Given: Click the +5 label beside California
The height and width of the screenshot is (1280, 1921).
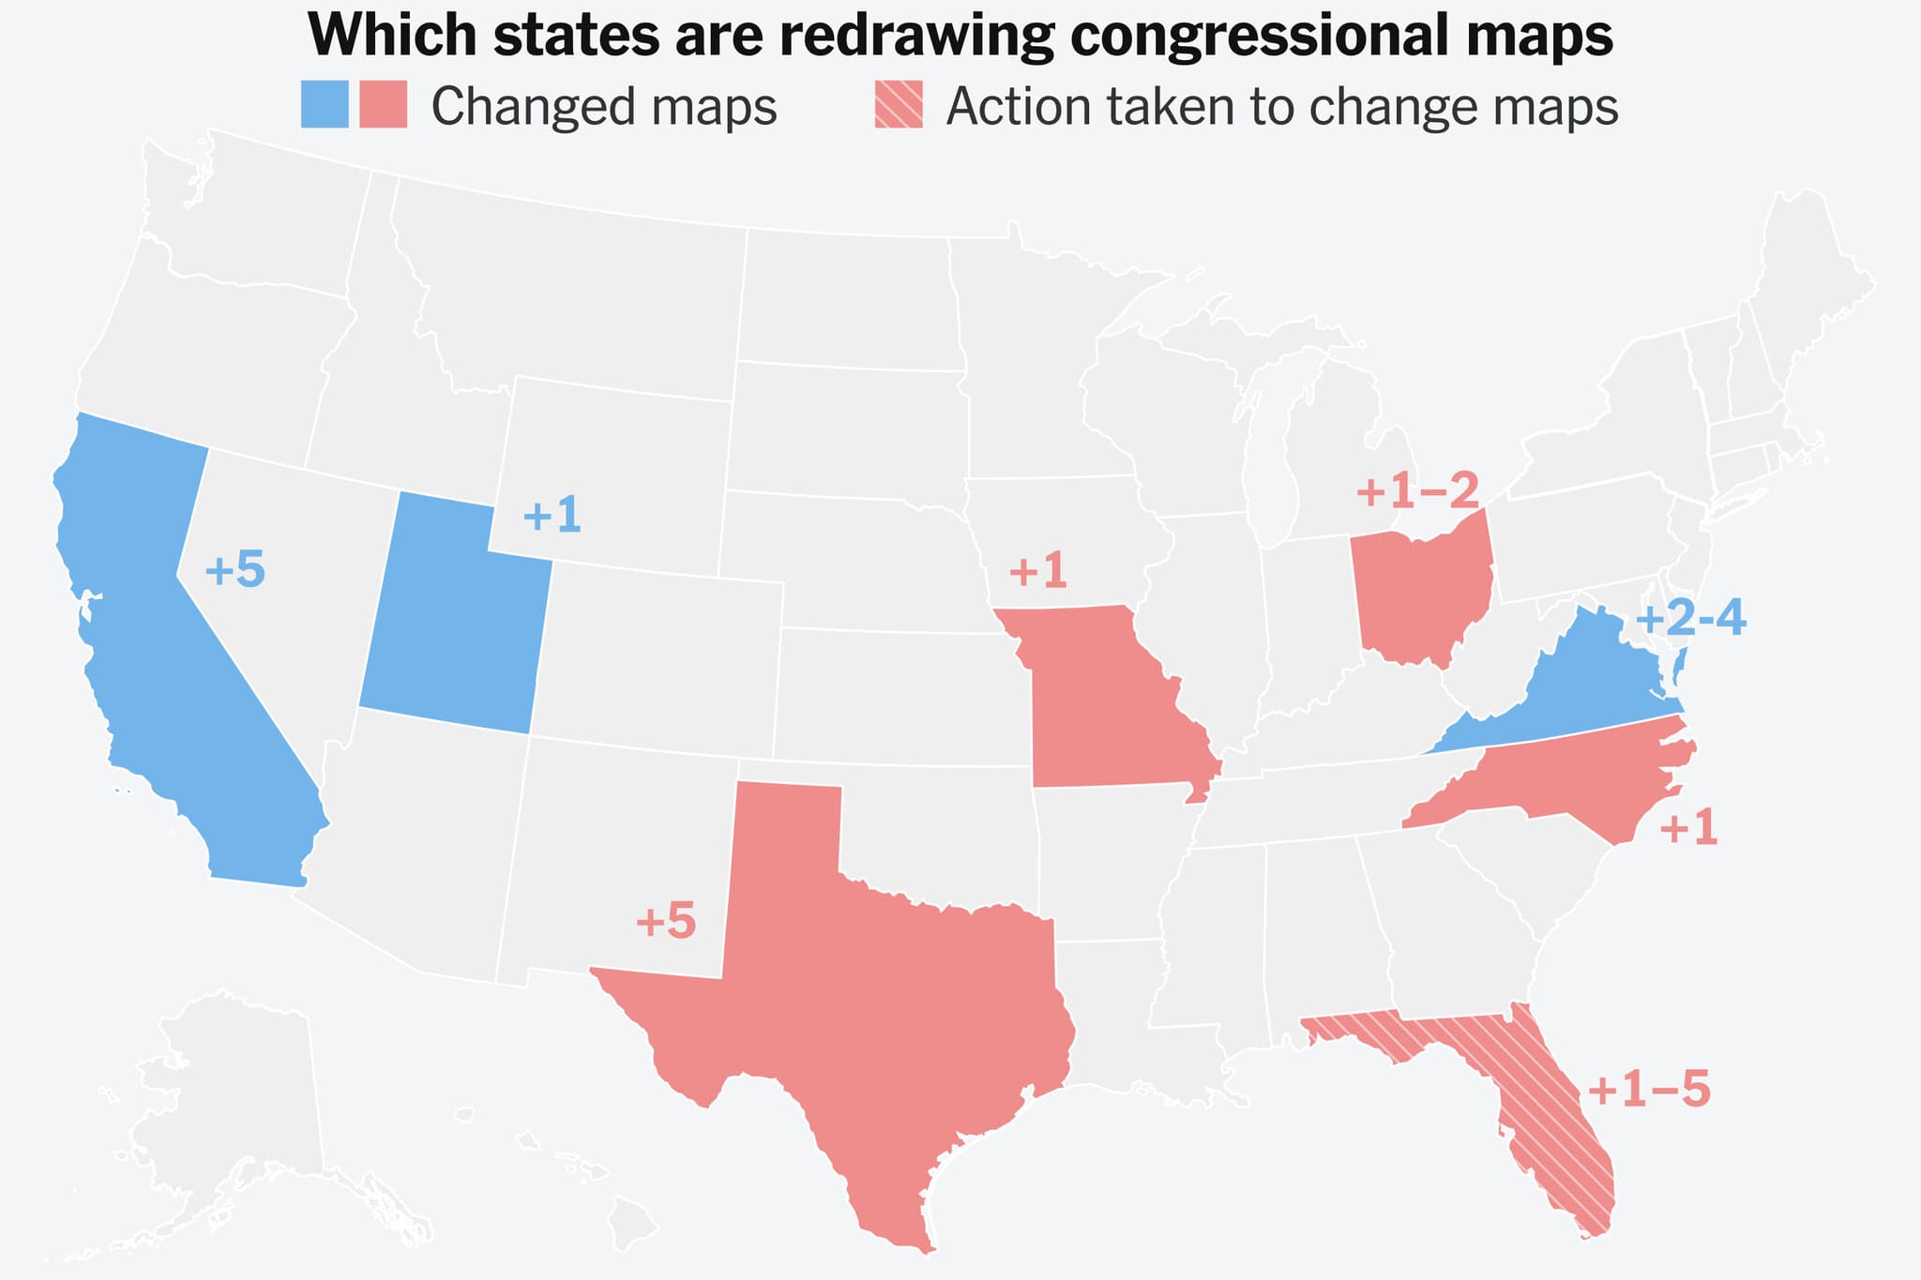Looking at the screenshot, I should [234, 571].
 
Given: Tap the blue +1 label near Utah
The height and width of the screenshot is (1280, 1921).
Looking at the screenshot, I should [552, 517].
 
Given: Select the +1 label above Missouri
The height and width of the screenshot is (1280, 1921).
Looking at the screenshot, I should [1037, 571].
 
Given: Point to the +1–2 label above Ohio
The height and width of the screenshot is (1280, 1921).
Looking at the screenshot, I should [1417, 490].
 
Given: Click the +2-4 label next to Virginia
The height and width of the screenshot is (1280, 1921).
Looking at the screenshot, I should [1690, 620].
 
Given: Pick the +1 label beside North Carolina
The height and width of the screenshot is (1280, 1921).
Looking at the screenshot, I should [1688, 830].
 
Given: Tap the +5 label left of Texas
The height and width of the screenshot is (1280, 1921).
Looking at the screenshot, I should [666, 923].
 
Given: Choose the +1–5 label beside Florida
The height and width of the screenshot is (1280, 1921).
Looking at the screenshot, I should [1649, 1092].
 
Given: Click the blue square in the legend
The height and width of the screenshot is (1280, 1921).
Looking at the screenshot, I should [325, 104].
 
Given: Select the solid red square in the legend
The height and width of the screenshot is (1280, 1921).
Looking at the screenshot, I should [384, 104].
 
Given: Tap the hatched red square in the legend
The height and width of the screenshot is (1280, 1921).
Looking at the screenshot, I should [899, 104].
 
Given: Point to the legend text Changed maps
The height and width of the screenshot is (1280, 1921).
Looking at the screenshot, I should [604, 107].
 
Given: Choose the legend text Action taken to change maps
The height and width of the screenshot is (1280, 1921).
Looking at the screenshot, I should [1282, 107].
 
